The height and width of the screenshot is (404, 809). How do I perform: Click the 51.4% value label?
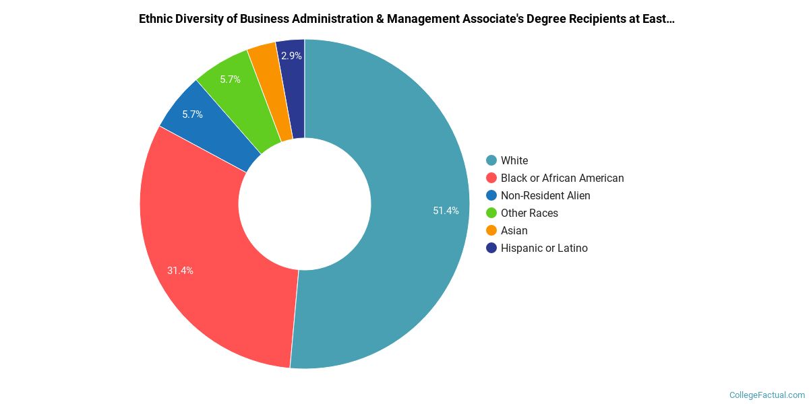click(446, 211)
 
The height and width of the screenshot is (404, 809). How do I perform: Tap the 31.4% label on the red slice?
click(180, 271)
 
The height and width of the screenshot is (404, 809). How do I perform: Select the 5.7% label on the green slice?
click(230, 79)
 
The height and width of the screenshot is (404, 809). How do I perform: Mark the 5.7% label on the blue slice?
click(192, 114)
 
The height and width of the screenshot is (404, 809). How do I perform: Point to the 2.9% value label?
click(291, 56)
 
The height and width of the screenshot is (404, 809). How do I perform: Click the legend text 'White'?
click(514, 160)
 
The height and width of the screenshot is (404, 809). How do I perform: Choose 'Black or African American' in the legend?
click(562, 178)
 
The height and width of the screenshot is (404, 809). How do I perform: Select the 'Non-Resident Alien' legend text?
click(545, 195)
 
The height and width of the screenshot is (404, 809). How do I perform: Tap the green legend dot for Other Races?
click(491, 213)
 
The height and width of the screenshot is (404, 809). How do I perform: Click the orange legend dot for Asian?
click(491, 230)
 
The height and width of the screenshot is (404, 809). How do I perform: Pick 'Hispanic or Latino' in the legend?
click(544, 248)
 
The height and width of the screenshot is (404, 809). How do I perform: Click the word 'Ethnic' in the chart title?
click(156, 19)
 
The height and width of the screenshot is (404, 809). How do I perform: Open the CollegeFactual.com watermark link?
click(767, 395)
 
